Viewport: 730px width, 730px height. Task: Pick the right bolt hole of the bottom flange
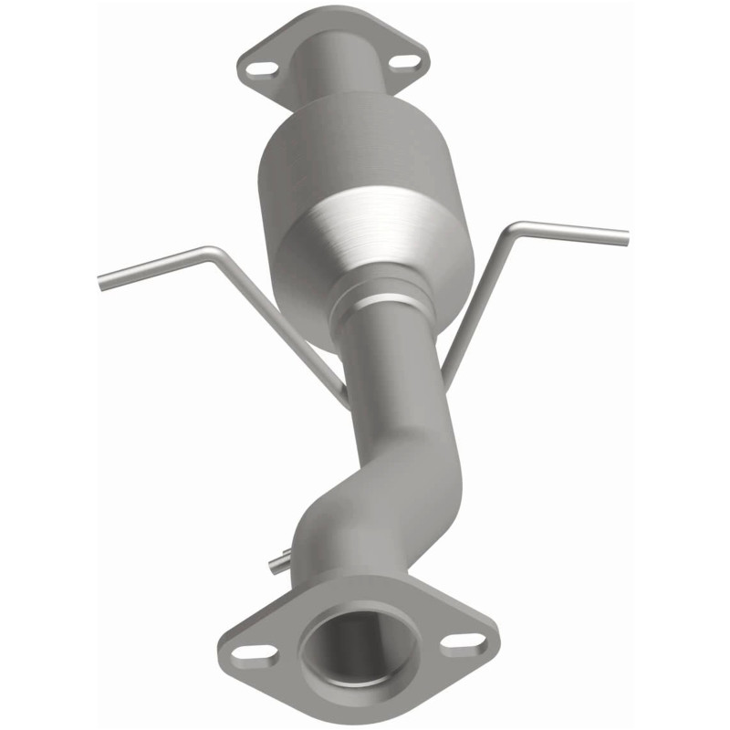[459, 641]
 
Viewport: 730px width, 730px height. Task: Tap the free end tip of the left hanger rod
[102, 284]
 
